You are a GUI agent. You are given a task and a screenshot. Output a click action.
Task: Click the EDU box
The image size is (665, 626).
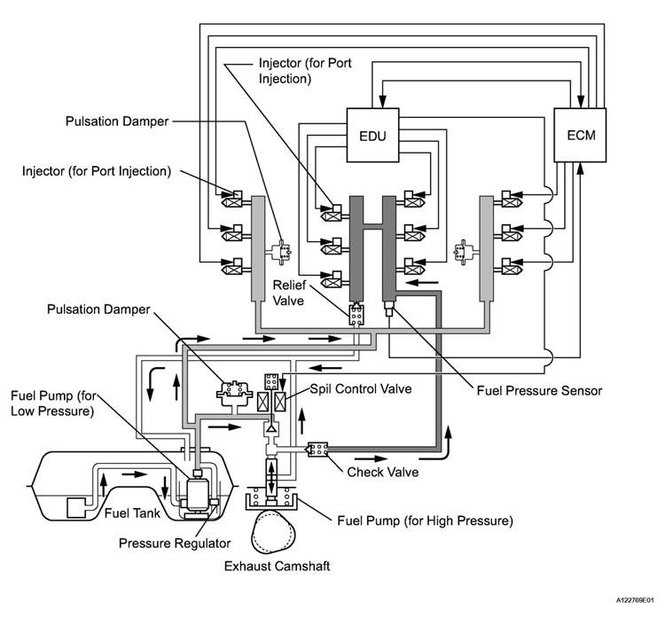click(372, 135)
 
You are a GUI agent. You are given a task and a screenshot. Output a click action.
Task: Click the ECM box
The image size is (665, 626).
click(580, 135)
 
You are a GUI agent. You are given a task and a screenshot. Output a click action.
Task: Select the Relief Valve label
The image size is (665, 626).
click(288, 293)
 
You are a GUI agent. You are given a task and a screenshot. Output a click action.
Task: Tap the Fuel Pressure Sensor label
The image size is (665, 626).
click(539, 391)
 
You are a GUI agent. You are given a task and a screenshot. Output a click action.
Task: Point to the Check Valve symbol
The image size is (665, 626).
click(317, 450)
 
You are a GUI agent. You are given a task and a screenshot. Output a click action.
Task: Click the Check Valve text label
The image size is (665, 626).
click(382, 472)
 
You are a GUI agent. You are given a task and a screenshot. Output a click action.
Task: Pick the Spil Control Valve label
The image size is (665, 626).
click(361, 389)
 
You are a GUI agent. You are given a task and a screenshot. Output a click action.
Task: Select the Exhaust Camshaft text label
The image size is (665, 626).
click(277, 567)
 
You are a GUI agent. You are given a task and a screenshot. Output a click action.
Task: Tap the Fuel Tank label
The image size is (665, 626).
click(132, 513)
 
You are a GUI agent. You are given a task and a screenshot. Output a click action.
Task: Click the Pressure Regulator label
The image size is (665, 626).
click(175, 544)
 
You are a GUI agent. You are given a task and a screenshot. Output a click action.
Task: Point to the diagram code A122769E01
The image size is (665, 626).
click(635, 600)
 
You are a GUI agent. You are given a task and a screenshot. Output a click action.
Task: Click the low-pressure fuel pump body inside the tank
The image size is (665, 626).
click(199, 494)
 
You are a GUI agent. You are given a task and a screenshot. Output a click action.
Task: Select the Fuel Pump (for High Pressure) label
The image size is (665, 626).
click(425, 520)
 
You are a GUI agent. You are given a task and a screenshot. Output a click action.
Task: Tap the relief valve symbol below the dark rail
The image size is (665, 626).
click(356, 314)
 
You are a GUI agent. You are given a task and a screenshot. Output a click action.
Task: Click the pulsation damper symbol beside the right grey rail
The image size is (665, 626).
click(465, 253)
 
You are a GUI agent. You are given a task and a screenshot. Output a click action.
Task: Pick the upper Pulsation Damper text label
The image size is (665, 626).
click(117, 121)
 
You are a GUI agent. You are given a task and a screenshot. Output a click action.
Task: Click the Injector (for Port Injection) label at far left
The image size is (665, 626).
click(97, 171)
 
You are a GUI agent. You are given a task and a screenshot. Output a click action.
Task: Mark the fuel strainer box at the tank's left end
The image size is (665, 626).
click(76, 508)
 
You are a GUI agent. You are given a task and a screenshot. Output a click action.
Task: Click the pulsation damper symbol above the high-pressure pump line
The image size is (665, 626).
click(234, 390)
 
